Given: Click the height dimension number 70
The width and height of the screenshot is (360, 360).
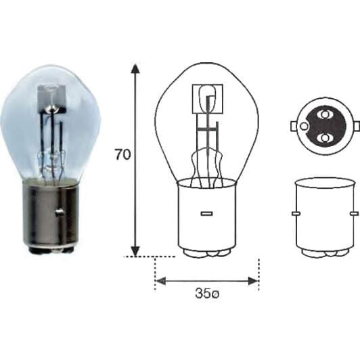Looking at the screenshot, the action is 123,154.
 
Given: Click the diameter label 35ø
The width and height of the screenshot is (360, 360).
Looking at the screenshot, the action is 207,294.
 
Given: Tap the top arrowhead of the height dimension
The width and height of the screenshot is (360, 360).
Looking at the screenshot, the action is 135,69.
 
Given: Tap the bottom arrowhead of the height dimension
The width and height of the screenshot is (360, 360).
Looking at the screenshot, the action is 135,251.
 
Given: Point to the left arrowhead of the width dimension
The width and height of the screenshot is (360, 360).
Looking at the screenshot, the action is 161,281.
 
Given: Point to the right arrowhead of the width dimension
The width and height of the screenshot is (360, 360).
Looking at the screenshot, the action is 254,281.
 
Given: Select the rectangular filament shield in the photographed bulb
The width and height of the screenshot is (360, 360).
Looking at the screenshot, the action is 51,99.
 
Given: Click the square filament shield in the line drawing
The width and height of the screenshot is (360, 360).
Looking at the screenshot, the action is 208,99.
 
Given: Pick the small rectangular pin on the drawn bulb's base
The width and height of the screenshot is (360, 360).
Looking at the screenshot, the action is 206,214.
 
